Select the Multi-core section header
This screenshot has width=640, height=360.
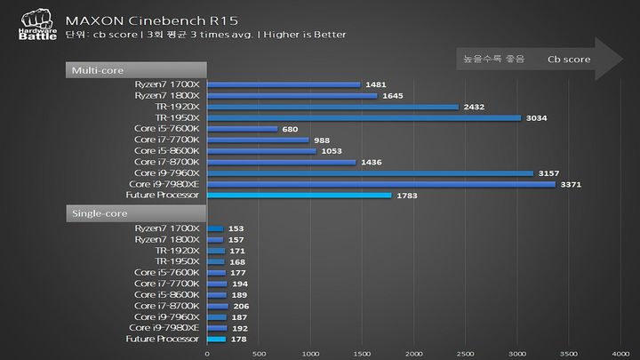tap(136, 69)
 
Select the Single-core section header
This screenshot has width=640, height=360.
tap(136, 213)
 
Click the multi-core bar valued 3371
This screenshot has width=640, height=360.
tap(380, 184)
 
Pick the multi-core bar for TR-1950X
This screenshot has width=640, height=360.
tap(364, 117)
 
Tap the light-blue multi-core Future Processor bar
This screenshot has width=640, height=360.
tap(299, 196)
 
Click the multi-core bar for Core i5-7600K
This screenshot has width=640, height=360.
tap(242, 129)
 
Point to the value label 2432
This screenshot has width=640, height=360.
tap(474, 107)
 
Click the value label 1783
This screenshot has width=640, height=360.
tap(406, 196)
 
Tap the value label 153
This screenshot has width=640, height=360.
tap(236, 228)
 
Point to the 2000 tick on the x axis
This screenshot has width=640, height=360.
tap(413, 353)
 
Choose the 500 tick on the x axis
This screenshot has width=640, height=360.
tap(258, 353)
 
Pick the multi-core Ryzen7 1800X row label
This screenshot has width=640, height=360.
tap(168, 95)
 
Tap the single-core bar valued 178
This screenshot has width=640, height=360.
tap(216, 339)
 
